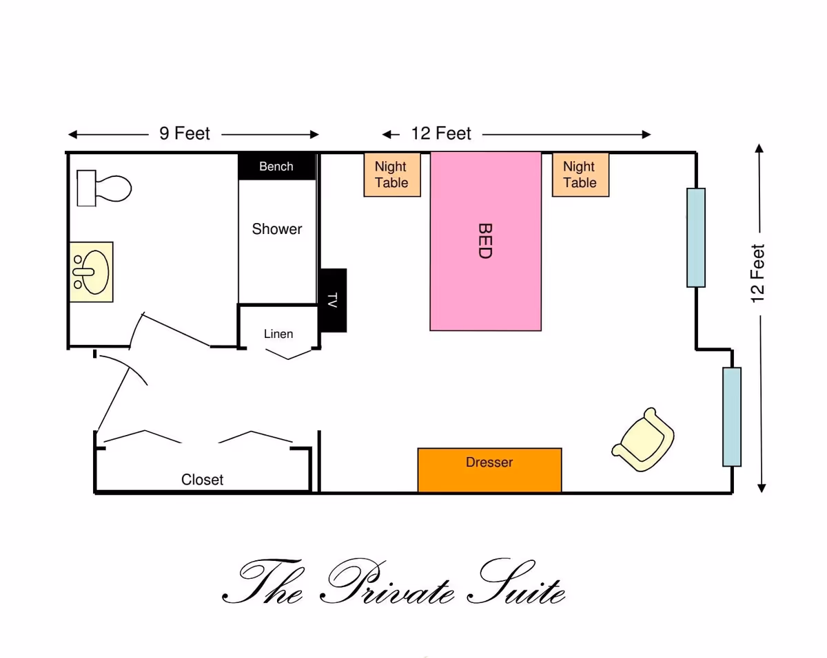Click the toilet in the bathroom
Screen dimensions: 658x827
click(x=105, y=187)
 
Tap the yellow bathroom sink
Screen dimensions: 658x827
click(x=91, y=272)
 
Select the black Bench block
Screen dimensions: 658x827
click(x=276, y=167)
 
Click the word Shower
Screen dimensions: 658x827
click(x=277, y=229)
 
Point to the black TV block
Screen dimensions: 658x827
click(x=333, y=300)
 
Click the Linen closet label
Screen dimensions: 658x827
click(x=278, y=334)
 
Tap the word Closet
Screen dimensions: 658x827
click(x=203, y=480)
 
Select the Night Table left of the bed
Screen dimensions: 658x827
click(x=391, y=175)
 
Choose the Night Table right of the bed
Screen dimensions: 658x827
click(x=580, y=175)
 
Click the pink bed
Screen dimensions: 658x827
click(x=485, y=241)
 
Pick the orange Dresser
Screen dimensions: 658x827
click(x=489, y=470)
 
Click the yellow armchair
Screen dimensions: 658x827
click(x=644, y=439)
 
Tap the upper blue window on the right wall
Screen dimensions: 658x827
click(x=696, y=237)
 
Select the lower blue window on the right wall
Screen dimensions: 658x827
click(x=732, y=416)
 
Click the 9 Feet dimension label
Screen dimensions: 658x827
click(x=185, y=134)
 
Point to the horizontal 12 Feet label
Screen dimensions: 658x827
click(x=441, y=134)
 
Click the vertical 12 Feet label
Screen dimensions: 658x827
click(x=758, y=273)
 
